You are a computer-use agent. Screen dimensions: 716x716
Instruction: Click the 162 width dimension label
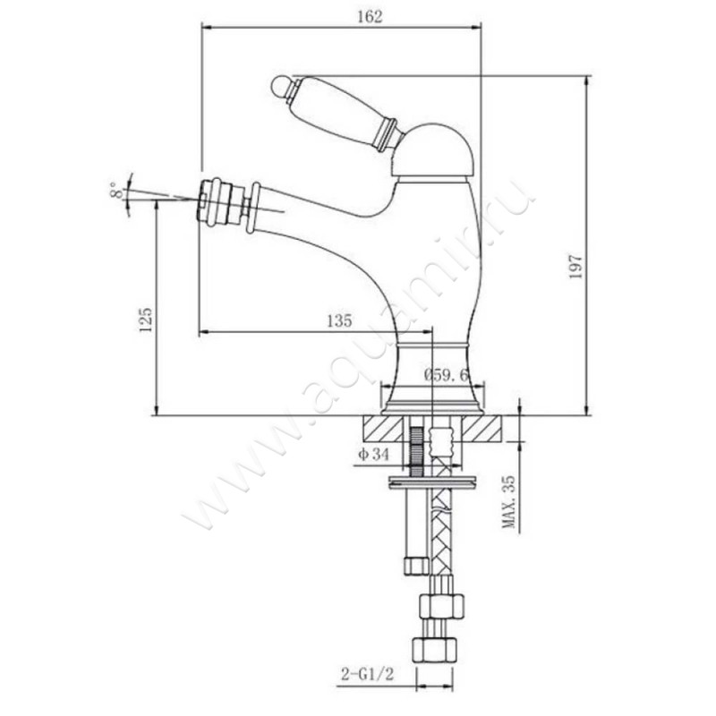coord(370,16)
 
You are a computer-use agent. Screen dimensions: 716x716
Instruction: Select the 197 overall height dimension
coord(575,267)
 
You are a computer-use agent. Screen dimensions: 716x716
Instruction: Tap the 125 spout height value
coord(145,320)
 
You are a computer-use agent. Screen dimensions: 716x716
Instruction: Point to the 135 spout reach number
coord(340,320)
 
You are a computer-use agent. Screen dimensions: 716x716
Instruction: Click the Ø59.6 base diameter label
coord(446,375)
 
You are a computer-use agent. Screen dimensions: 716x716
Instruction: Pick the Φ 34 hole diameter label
coord(373,455)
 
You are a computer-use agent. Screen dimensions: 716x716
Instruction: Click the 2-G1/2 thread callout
coord(367,674)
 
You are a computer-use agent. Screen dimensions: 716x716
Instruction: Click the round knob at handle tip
coord(280,86)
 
